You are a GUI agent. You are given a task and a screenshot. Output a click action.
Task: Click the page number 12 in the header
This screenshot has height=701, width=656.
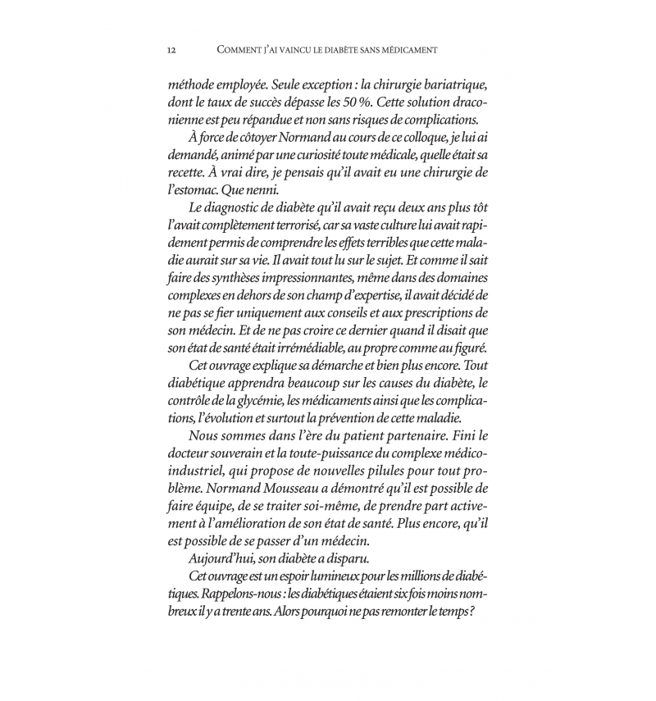click(171, 49)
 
